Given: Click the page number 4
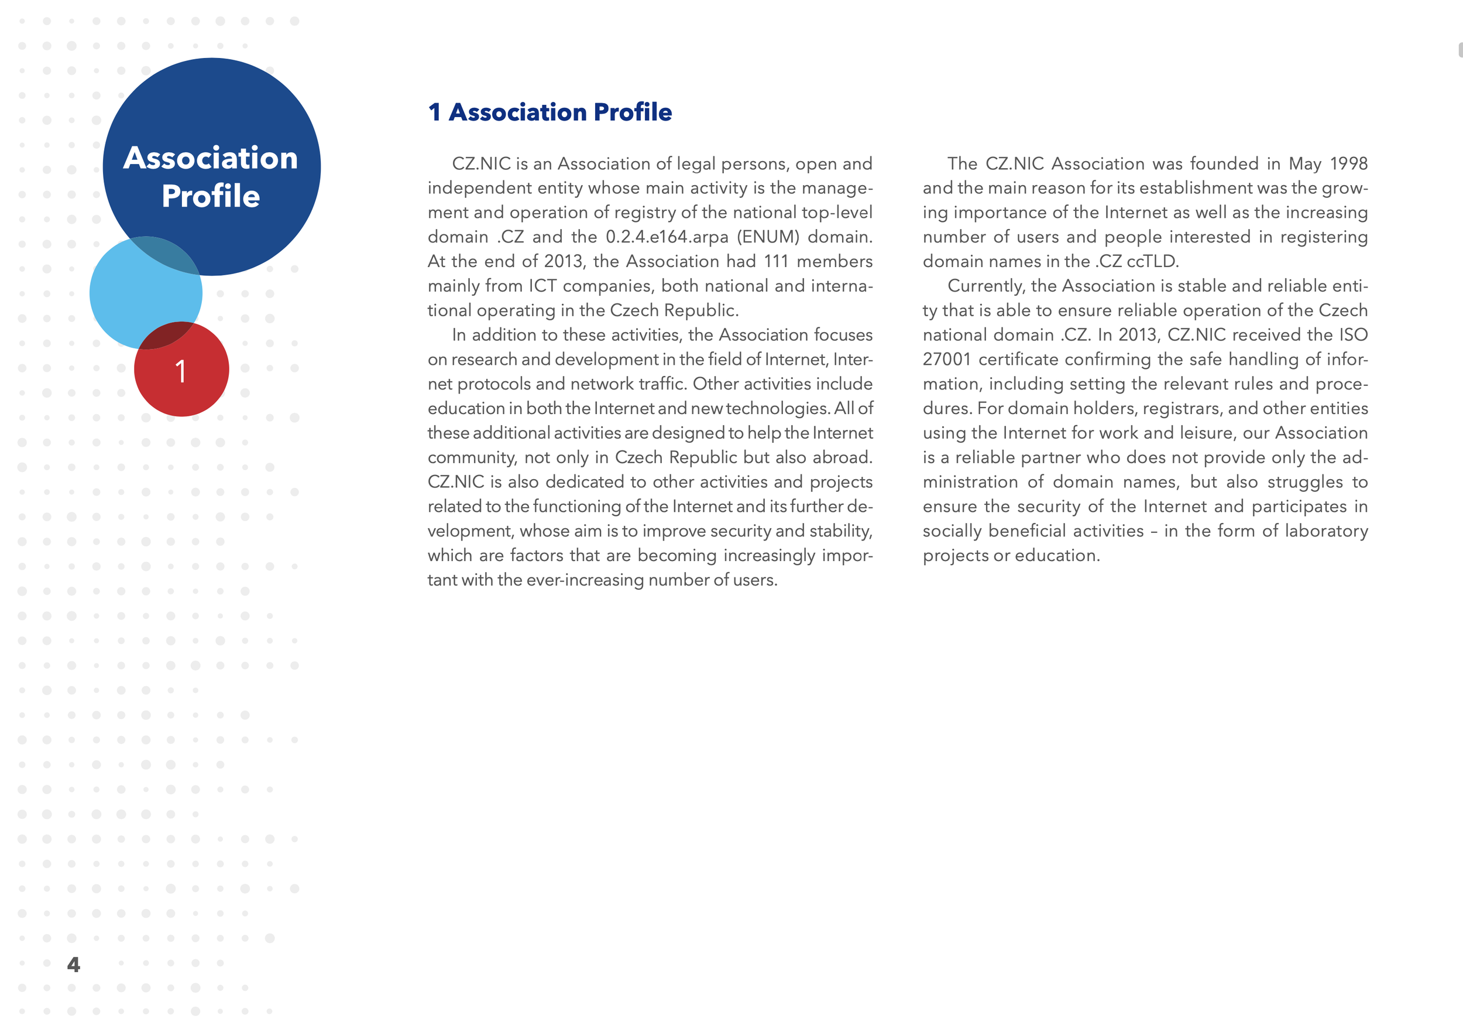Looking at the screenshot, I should pos(73,964).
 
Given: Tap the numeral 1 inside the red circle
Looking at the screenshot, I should pos(181,371).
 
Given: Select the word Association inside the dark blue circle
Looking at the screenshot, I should pos(210,158).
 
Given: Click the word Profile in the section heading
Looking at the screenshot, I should pos(633,112).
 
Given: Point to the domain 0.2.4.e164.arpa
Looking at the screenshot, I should pos(667,237).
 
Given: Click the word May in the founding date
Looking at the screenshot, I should pos(1305,163).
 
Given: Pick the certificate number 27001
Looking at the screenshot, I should pos(946,360).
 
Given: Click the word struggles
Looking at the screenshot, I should pos(1305,483).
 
